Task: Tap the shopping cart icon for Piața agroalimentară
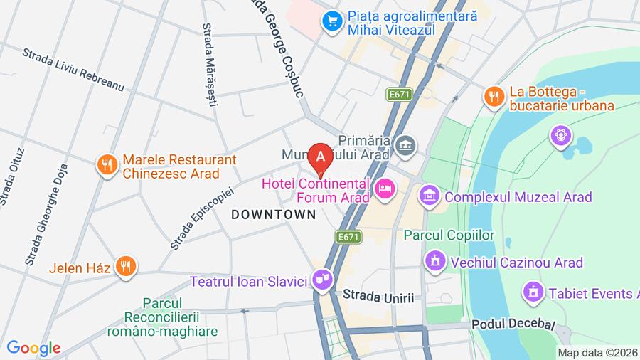click(331, 21)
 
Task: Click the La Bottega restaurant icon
click(493, 98)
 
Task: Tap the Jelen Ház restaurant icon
click(125, 268)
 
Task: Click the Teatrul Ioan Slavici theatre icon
click(322, 280)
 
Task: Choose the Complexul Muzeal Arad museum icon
click(429, 194)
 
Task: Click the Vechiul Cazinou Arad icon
click(433, 262)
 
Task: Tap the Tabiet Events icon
click(530, 292)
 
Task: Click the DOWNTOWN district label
click(273, 214)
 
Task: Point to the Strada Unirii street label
click(378, 297)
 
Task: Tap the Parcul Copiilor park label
click(448, 234)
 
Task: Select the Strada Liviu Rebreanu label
click(73, 70)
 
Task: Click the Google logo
click(34, 348)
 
